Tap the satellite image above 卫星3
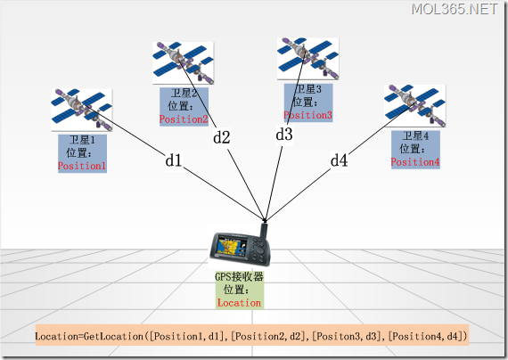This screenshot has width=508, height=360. [x=307, y=58]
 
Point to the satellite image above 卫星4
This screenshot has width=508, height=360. [x=414, y=106]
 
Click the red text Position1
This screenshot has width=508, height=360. [x=82, y=166]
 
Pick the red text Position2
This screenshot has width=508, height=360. [x=184, y=119]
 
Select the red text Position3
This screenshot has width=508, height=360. [x=308, y=115]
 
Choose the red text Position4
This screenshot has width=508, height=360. [x=414, y=161]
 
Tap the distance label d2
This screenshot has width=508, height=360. [x=221, y=137]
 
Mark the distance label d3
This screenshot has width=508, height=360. [x=283, y=135]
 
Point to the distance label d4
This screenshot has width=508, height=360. [x=339, y=160]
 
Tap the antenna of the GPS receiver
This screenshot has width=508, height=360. [x=264, y=231]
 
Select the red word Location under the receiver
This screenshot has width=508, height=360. [x=239, y=302]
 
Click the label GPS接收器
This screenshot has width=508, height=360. [x=239, y=277]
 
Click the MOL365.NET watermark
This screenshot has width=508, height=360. [x=455, y=10]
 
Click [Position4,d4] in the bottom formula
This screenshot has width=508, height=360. [x=427, y=336]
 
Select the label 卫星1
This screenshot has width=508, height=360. [x=81, y=141]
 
